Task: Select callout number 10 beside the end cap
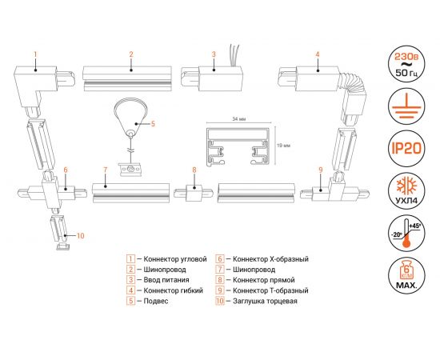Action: point(79,235)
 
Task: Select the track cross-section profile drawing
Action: point(237,147)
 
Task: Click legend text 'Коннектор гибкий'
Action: point(170,291)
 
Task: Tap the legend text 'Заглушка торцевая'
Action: point(267,302)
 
